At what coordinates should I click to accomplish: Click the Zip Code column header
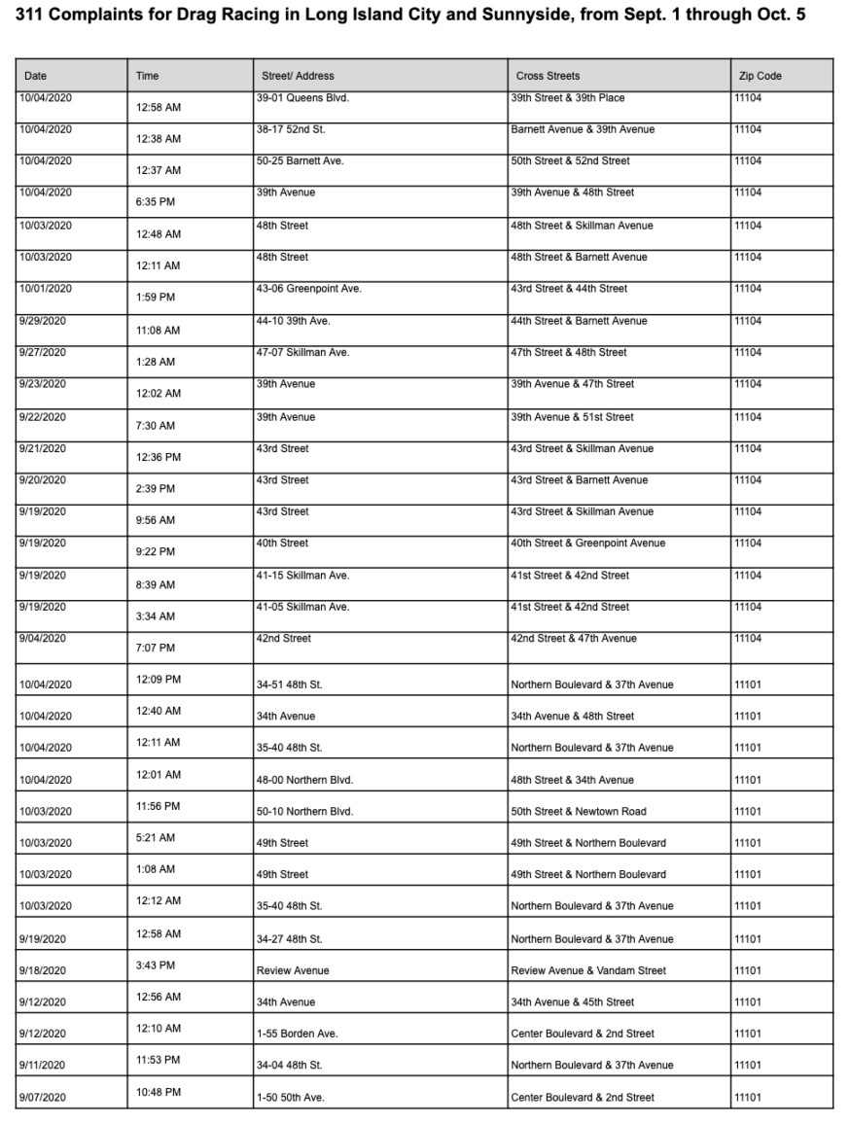[758, 76]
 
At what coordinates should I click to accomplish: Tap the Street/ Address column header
[298, 76]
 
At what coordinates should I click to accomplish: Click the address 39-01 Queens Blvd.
[302, 98]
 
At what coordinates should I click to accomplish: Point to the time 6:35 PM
[156, 202]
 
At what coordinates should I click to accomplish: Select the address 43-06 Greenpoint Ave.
[308, 289]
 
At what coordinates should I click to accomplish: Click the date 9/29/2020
[43, 321]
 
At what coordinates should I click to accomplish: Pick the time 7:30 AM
[156, 426]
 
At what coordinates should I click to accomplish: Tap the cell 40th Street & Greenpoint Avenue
[587, 544]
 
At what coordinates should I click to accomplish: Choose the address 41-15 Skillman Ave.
[302, 576]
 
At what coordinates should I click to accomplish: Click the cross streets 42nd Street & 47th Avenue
[574, 639]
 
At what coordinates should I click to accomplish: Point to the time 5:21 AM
[156, 837]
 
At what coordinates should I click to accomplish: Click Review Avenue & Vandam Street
[588, 970]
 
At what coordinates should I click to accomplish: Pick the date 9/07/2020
[43, 1098]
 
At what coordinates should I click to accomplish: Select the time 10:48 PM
[159, 1092]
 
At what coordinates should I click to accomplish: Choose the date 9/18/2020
[43, 970]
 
